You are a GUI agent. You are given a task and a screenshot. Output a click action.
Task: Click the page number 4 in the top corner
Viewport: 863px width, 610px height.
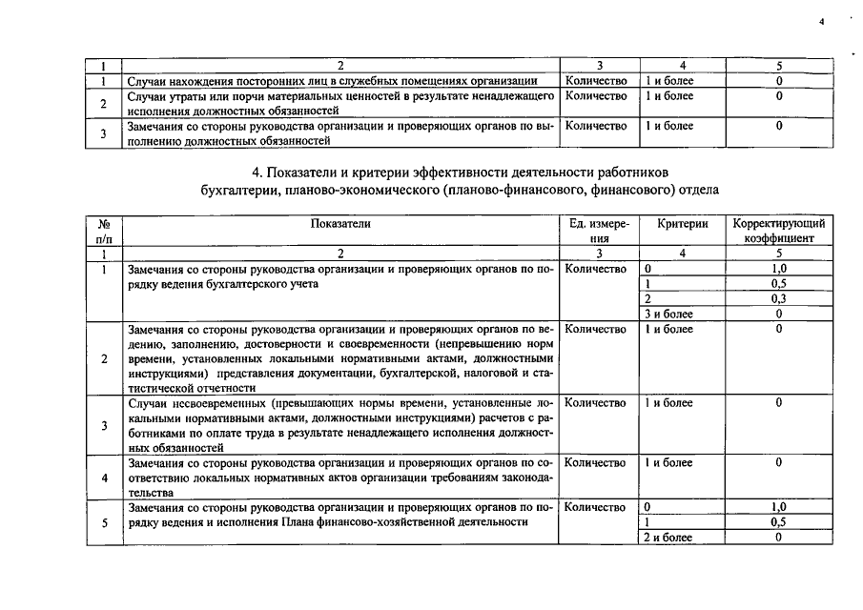coord(821,19)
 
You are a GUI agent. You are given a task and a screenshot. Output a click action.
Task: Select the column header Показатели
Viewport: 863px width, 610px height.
coord(340,223)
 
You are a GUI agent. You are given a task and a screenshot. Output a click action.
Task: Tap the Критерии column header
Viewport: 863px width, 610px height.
coord(683,223)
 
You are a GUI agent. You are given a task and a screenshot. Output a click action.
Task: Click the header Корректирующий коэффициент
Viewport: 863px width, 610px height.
coord(779,231)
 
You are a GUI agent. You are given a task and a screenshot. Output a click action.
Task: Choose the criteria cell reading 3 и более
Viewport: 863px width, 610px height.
coord(668,314)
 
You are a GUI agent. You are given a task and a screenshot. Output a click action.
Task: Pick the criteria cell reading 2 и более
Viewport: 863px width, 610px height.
coord(668,538)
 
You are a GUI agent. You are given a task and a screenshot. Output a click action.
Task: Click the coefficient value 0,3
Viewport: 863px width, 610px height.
coord(779,298)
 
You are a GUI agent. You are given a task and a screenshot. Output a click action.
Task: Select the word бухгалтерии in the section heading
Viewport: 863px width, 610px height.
coord(235,190)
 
